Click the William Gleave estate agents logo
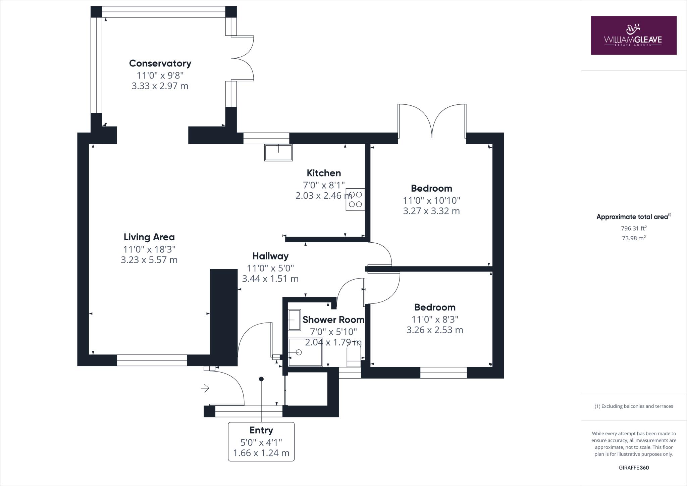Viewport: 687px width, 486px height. (x=634, y=35)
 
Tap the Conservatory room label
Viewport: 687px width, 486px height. (x=160, y=63)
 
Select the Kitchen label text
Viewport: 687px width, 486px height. (x=324, y=173)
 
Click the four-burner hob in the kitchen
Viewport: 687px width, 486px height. (x=356, y=199)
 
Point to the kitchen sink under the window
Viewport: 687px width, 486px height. (x=278, y=152)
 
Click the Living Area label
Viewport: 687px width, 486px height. (x=149, y=237)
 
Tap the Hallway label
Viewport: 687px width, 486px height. (x=270, y=256)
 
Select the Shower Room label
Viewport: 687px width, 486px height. (x=333, y=320)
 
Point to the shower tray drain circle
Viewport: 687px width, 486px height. (x=299, y=352)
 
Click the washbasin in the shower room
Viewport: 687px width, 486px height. (x=295, y=320)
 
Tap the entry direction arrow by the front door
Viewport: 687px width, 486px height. (x=205, y=388)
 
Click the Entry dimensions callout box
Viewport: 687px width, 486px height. (x=261, y=442)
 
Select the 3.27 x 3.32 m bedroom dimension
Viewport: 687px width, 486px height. (x=431, y=211)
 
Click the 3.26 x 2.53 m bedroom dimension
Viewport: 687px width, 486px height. (x=435, y=330)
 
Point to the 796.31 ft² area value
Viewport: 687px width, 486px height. (x=634, y=228)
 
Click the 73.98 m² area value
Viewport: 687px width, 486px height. (x=634, y=238)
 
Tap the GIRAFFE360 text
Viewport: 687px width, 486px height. (x=634, y=468)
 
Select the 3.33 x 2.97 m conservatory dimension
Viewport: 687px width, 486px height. (x=160, y=86)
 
